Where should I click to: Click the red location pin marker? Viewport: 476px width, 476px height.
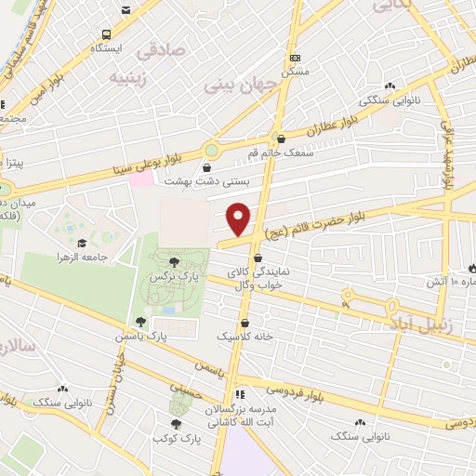pos(240,218)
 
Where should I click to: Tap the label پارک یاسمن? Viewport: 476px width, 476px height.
pos(140,335)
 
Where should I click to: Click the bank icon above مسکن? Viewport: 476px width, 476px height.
pos(295,57)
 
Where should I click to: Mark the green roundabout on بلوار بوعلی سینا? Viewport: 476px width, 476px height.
pos(213,149)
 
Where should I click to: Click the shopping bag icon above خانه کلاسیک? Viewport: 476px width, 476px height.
pos(245,322)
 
